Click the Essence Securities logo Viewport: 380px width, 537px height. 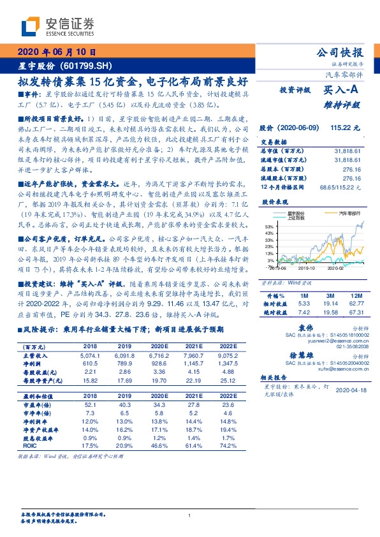pyautogui.click(x=57, y=26)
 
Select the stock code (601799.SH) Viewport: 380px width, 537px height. pyautogui.click(x=87, y=66)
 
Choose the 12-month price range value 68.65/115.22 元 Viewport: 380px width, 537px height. pyautogui.click(x=341, y=187)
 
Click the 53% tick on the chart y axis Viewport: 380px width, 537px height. pyautogui.click(x=270, y=226)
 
